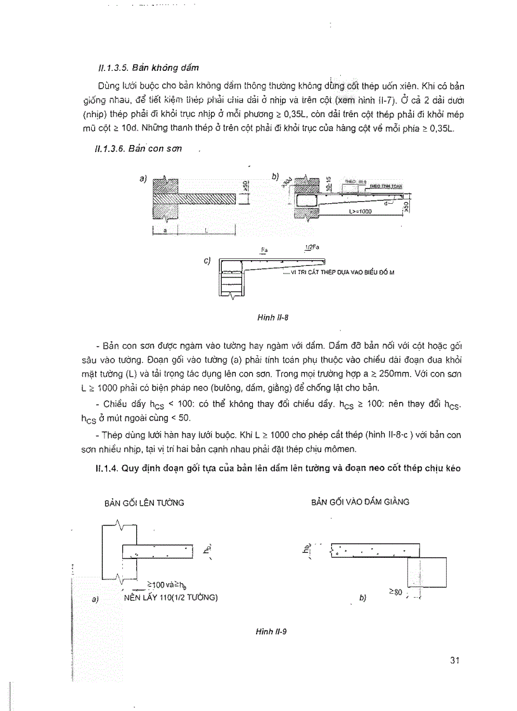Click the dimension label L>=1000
click(360, 212)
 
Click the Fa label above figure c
click(264, 250)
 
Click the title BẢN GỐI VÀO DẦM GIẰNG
click(360, 501)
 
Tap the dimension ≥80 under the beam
click(396, 592)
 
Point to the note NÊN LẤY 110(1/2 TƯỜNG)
click(171, 596)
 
